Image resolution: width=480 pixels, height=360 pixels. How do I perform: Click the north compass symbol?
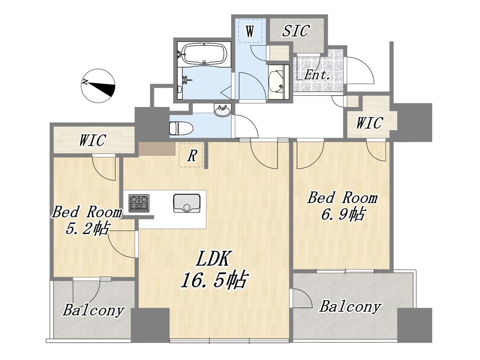point(98,85)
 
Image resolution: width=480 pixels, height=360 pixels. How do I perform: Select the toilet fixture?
point(181,128)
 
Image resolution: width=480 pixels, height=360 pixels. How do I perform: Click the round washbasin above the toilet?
point(223,110)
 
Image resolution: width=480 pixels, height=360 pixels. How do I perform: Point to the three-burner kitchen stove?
point(139,203)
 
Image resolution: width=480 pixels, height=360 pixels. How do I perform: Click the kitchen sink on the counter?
point(187,203)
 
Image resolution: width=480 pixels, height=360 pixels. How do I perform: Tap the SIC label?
point(296,31)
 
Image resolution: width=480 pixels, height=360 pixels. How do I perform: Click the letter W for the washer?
point(250,31)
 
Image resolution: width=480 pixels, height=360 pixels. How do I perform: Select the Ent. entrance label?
point(317,75)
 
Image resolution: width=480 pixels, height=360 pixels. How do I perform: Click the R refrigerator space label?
point(192,156)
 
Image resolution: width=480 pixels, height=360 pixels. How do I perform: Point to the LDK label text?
point(213,259)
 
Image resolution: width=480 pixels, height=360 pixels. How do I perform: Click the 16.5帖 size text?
point(214,280)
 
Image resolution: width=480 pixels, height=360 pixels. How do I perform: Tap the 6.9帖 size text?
point(343,214)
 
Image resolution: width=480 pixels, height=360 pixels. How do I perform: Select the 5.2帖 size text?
point(87,229)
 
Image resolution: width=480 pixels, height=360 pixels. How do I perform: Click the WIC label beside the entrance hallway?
point(370,123)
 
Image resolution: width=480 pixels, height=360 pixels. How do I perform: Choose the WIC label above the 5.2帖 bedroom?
point(93,140)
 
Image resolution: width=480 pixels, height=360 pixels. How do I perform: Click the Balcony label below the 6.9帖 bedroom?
point(350,307)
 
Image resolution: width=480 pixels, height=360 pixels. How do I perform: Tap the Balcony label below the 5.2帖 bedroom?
point(94,310)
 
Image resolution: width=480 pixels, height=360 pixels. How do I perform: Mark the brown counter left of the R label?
point(157,148)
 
